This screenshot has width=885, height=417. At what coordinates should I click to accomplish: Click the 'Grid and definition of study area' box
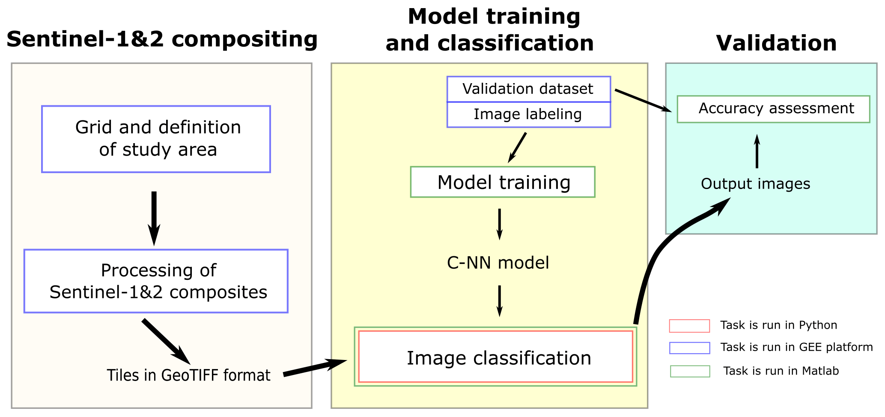[156, 139]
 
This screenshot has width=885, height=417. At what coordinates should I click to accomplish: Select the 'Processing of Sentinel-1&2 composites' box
[156, 281]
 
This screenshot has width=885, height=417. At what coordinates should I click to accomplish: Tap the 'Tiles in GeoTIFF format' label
[188, 375]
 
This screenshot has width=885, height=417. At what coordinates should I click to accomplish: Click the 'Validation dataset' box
[528, 89]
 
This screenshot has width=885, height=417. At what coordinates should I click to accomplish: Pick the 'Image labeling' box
[528, 114]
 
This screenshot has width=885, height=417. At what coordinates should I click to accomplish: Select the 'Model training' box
[503, 182]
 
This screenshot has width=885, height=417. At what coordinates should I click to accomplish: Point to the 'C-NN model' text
[498, 263]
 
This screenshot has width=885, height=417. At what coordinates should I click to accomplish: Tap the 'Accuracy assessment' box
[773, 109]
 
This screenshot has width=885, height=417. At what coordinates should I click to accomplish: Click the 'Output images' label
[755, 184]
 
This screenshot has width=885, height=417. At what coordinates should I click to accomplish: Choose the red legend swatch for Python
[689, 326]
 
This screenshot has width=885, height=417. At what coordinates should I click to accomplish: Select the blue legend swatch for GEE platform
[689, 348]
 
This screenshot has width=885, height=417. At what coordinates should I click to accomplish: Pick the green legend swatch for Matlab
[690, 371]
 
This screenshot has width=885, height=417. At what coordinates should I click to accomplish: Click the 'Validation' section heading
[776, 43]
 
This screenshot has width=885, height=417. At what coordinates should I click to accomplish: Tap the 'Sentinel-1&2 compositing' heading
[162, 39]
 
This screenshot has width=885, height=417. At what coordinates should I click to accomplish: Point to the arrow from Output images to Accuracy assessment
[757, 152]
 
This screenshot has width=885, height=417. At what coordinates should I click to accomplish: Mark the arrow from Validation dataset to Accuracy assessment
[642, 100]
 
